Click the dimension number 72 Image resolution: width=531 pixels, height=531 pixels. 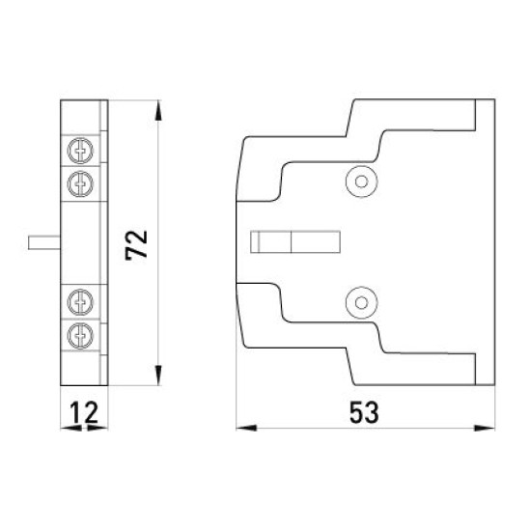tap(136, 245)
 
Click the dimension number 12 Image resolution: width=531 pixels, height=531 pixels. tap(84, 412)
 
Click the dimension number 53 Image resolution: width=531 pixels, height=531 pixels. tap(364, 412)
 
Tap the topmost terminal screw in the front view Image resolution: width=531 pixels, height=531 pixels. tap(80, 151)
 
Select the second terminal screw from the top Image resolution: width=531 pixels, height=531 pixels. tap(80, 184)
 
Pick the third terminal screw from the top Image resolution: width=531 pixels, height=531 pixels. tap(80, 302)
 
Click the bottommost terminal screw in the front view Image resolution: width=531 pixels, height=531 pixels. tap(80, 336)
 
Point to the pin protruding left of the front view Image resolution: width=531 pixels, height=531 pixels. tap(44, 242)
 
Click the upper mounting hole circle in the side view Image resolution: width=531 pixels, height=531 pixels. tap(361, 182)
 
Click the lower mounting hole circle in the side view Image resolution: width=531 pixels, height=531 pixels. tap(361, 303)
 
